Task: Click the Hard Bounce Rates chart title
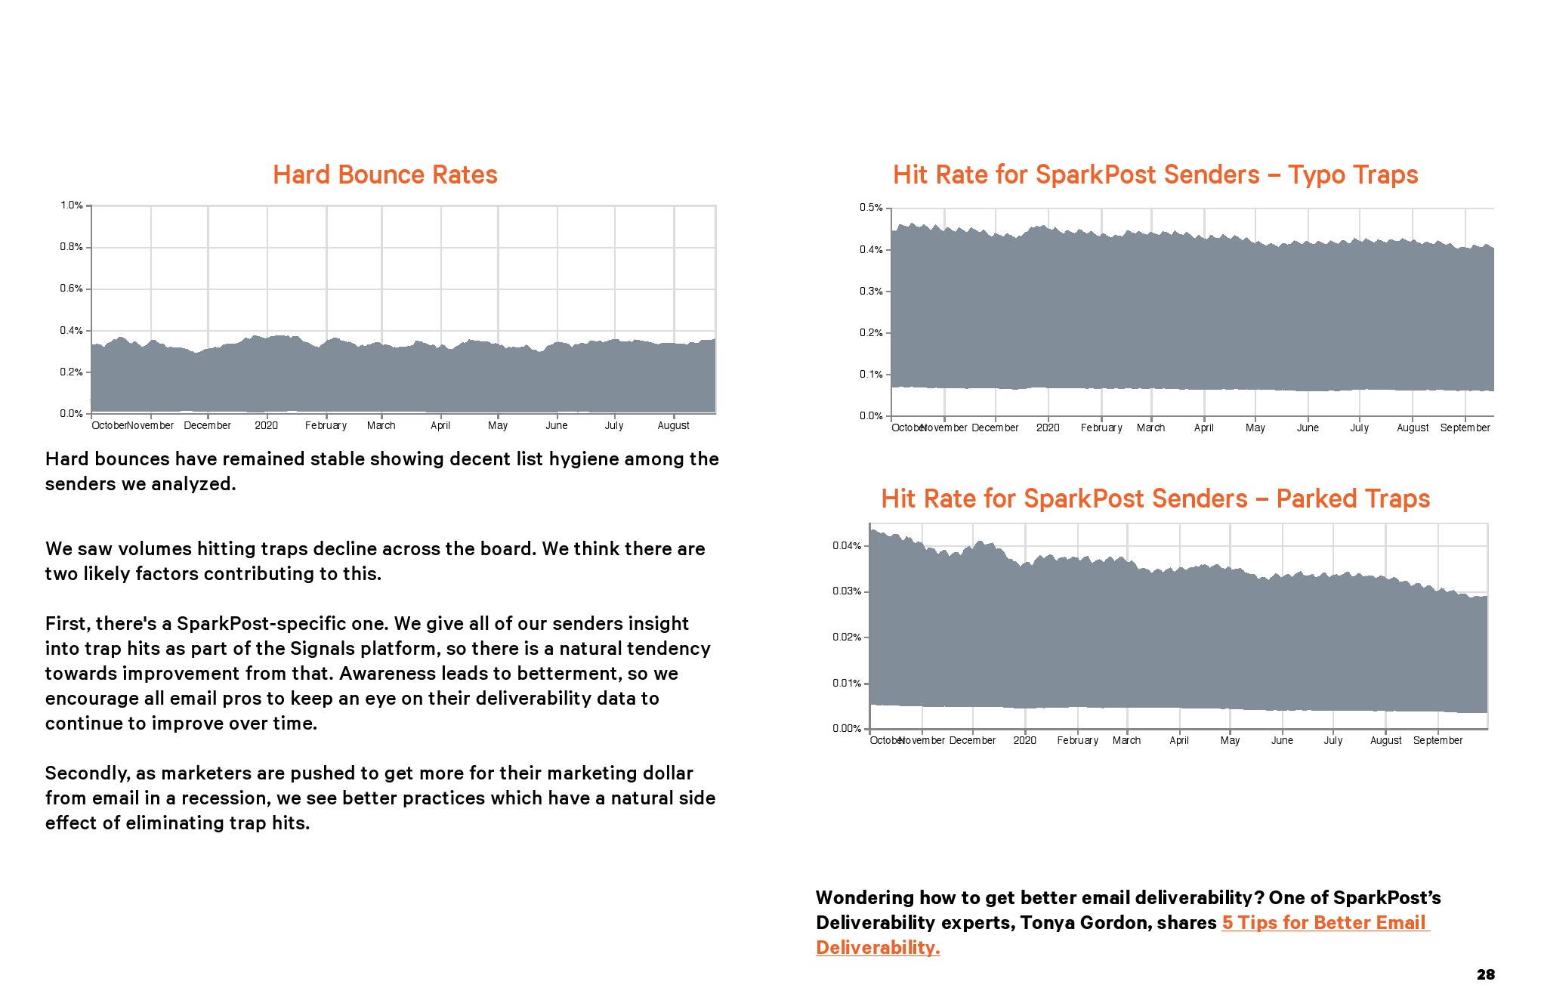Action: [x=384, y=175]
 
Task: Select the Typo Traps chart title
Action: [x=1155, y=175]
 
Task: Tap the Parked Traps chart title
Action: [x=1155, y=499]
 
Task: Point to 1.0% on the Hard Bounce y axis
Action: [x=72, y=205]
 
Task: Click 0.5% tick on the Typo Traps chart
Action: [x=871, y=208]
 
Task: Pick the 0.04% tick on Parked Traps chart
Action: [x=847, y=546]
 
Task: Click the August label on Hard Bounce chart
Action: [x=673, y=426]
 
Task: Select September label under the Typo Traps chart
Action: [x=1465, y=428]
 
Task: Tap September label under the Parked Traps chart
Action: [x=1438, y=741]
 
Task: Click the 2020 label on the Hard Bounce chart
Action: [x=266, y=426]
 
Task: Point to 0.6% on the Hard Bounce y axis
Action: [x=72, y=289]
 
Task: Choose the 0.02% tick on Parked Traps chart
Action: [x=847, y=637]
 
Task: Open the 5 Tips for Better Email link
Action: [x=1325, y=923]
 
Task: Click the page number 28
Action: [x=1485, y=975]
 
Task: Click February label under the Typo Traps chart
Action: [x=1101, y=428]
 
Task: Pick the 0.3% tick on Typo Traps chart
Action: [x=871, y=292]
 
